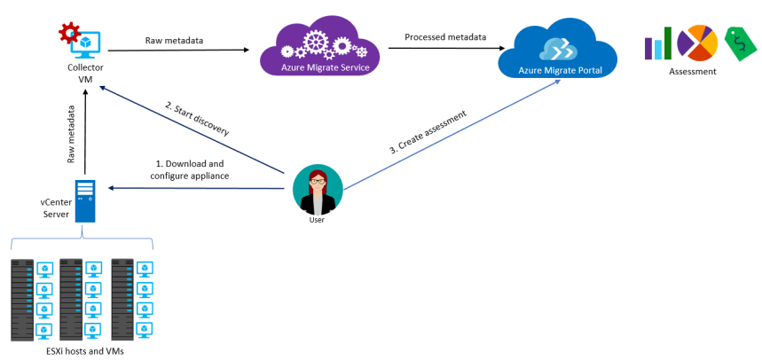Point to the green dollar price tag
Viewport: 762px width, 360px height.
pos(738,42)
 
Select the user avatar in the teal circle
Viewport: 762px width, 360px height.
pos(317,189)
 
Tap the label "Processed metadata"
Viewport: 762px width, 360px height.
pos(445,36)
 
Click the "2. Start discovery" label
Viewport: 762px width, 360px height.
pos(197,119)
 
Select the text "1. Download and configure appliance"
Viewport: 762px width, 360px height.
pos(190,169)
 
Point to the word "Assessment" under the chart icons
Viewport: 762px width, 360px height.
pos(692,71)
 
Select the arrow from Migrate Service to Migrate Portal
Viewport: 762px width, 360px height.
pos(444,49)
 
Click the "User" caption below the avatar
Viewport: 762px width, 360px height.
pos(317,220)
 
